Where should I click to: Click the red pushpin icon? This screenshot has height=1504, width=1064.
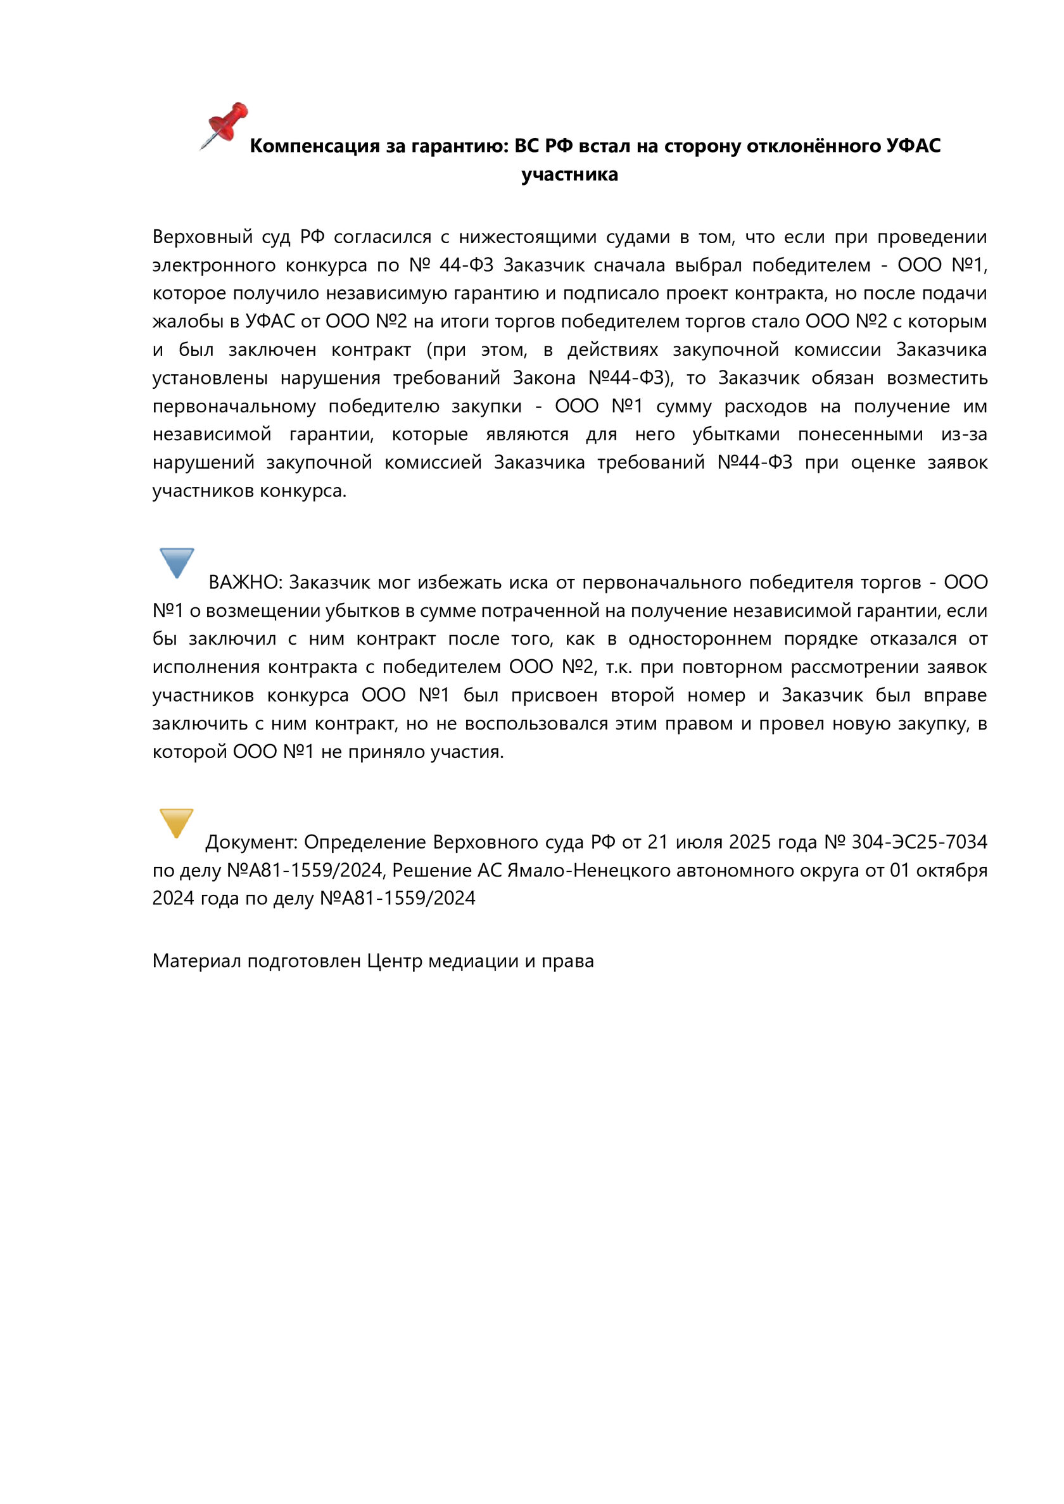(224, 125)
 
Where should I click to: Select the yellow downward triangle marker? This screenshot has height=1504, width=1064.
(176, 822)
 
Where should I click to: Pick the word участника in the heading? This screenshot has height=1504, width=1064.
(569, 175)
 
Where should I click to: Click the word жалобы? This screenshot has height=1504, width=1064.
(187, 322)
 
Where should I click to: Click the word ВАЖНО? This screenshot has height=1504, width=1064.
(245, 583)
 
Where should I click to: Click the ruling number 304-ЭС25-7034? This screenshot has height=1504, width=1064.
(919, 842)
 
